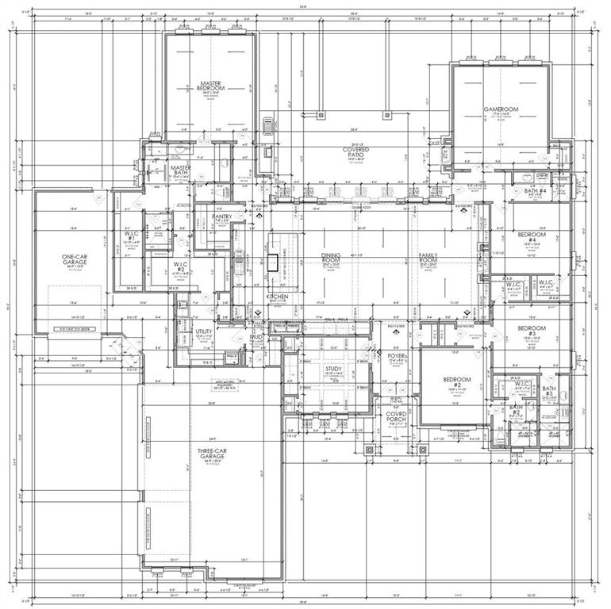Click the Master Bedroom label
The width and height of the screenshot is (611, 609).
tap(210, 86)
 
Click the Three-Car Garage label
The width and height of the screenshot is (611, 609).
tap(211, 454)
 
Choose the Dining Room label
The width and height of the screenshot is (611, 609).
tap(330, 259)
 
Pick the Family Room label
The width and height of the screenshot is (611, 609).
tap(428, 259)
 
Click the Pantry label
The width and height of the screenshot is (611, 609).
tap(221, 215)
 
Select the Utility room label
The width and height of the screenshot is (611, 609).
tap(204, 333)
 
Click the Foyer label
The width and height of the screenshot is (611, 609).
tap(396, 357)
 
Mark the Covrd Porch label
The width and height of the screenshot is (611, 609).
tap(396, 417)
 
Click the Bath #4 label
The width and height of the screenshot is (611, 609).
tap(536, 191)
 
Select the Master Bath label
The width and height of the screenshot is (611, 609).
tap(181, 170)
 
